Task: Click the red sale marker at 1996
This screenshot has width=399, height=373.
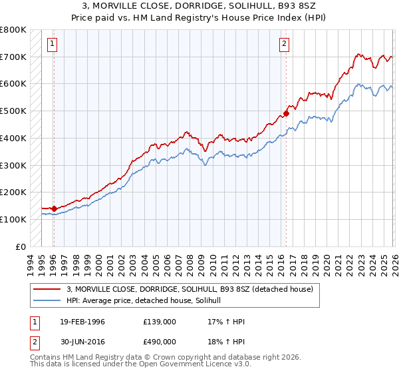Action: click(x=54, y=208)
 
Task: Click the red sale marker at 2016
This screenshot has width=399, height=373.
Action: click(x=287, y=113)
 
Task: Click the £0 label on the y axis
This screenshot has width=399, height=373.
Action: click(x=21, y=246)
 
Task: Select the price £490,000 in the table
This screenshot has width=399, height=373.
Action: click(x=160, y=342)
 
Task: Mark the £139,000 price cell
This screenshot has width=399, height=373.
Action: click(x=160, y=322)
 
